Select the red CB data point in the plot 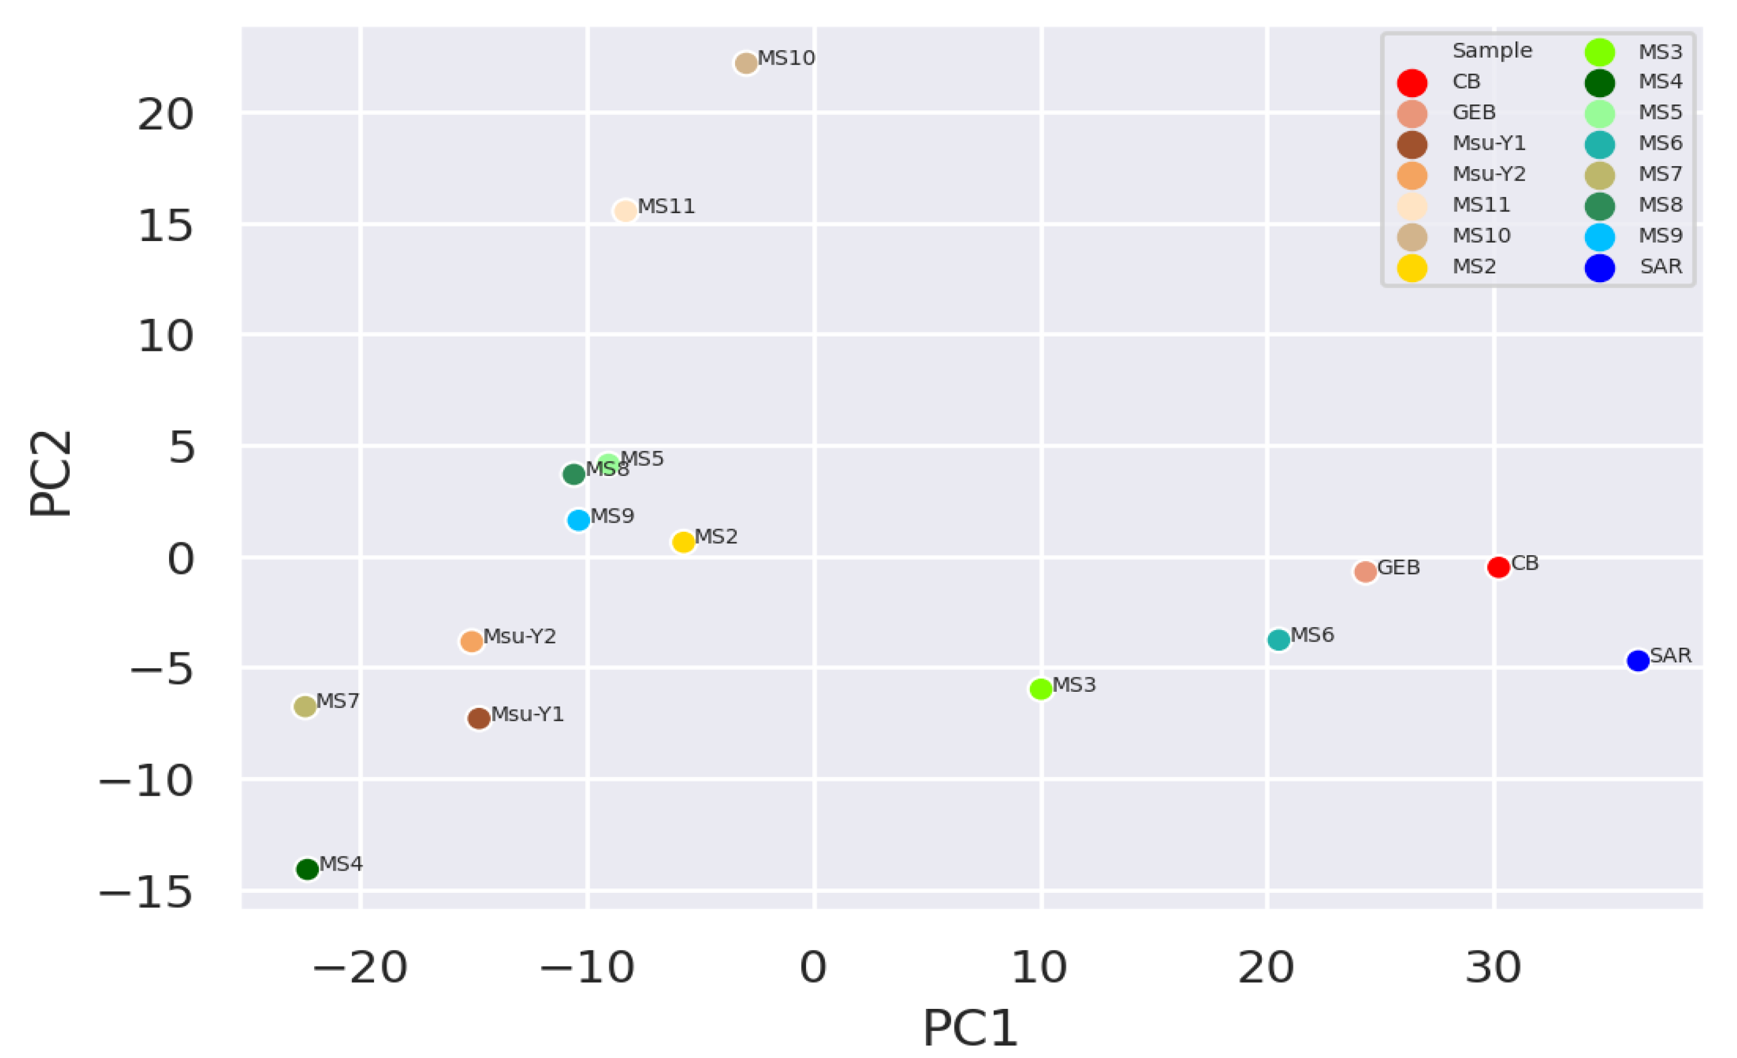point(1498,567)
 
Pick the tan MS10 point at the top point(746,63)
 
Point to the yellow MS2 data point point(683,542)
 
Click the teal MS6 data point point(1279,640)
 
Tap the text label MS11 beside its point point(666,207)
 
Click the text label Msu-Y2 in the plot point(520,636)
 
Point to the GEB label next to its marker point(1399,567)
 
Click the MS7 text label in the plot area point(338,702)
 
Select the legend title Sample point(1492,51)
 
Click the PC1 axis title point(970,1028)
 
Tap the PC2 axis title point(51,474)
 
